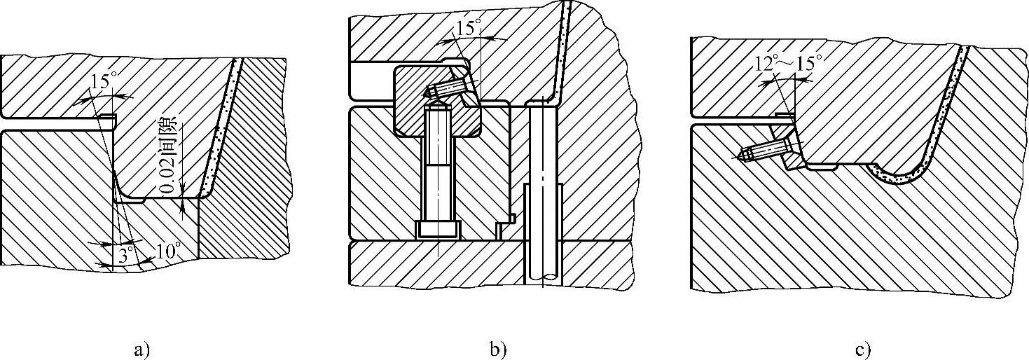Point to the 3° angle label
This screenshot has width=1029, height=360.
pyautogui.click(x=125, y=255)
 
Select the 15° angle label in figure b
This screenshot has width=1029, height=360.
pyautogui.click(x=468, y=28)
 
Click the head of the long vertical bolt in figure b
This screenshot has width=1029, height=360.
pyautogui.click(x=438, y=230)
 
